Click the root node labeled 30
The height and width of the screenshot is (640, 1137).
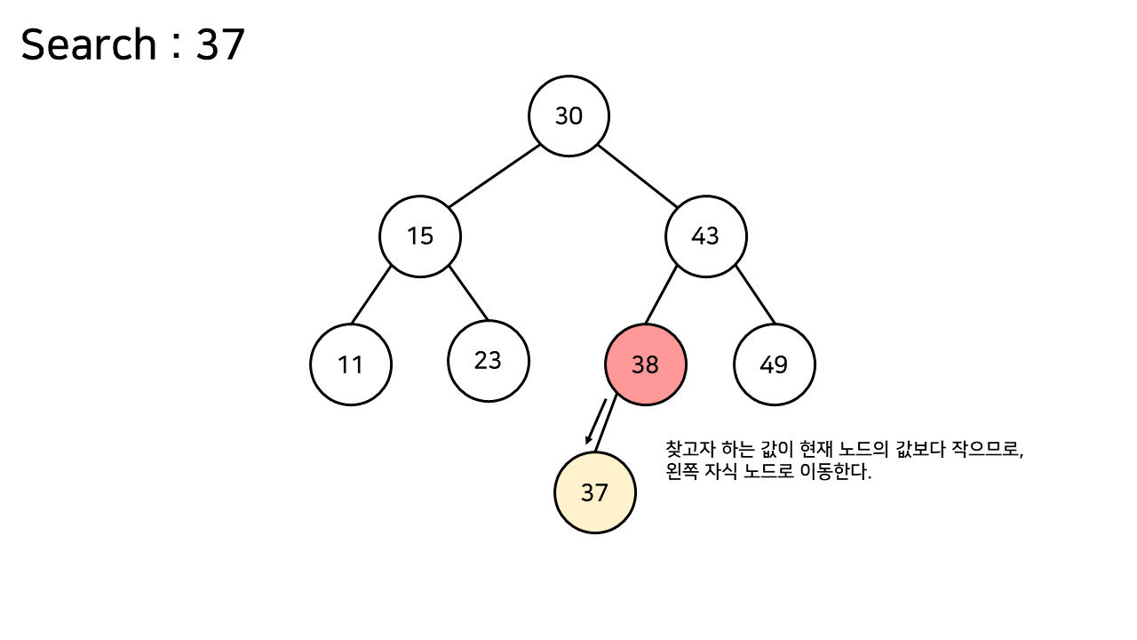568,116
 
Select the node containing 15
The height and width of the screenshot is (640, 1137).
420,236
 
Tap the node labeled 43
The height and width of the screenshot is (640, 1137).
706,236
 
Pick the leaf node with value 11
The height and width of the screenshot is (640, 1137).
351,364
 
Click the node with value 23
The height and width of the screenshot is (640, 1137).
489,360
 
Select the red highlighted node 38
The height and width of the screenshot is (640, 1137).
646,364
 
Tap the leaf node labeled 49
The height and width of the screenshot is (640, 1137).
775,364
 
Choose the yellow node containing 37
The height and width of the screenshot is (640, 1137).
595,492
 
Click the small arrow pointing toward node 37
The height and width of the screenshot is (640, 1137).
595,420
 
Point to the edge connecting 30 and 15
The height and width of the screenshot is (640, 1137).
494,176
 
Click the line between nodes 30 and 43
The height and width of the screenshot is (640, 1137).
638,176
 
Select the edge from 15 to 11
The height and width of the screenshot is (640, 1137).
371,294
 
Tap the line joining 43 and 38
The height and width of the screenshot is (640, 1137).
661,294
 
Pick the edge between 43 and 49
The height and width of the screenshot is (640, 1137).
755,294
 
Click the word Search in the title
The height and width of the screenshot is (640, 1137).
88,44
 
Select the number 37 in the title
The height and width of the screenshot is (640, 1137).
220,44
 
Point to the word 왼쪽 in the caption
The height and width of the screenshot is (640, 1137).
680,472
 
